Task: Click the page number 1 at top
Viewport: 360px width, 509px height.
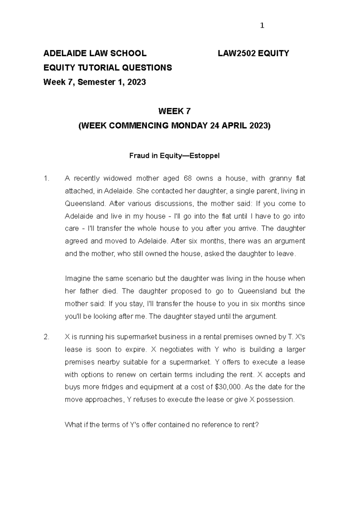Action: [262, 26]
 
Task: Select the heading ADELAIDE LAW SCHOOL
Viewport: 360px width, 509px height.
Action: [95, 53]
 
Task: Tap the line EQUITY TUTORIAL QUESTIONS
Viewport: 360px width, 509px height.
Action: [108, 68]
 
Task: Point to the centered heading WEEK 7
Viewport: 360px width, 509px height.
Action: [174, 112]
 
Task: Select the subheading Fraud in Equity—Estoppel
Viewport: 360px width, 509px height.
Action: [174, 156]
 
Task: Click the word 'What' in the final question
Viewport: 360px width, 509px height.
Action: [72, 425]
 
